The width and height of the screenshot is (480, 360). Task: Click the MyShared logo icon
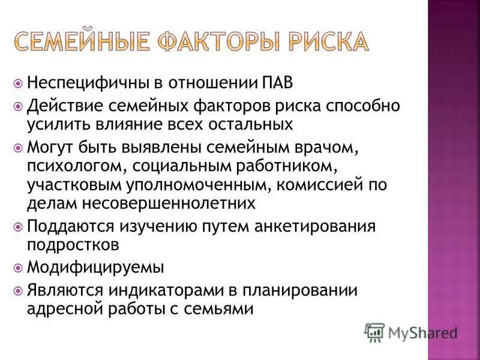click(374, 331)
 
